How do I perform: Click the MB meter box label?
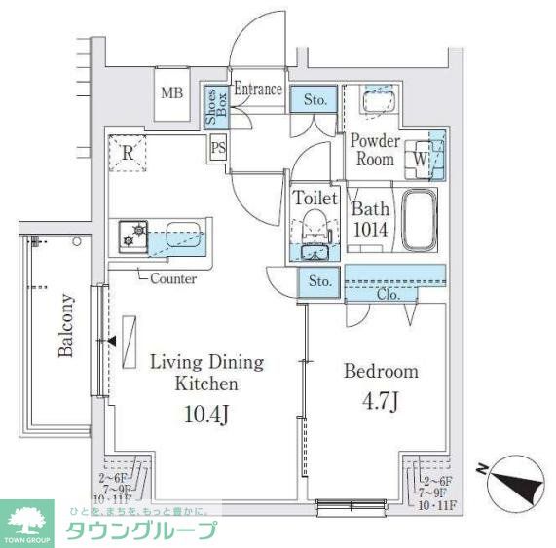pyautogui.click(x=172, y=93)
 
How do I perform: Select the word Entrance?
pyautogui.click(x=258, y=90)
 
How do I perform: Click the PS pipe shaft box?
pyautogui.click(x=219, y=147)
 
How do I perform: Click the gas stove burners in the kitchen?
pyautogui.click(x=133, y=236)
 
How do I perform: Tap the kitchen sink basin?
pyautogui.click(x=183, y=235)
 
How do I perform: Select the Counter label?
pyautogui.click(x=172, y=278)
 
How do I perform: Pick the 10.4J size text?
pyautogui.click(x=205, y=416)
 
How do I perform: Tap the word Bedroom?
pyautogui.click(x=381, y=371)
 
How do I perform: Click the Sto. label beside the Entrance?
pyautogui.click(x=315, y=98)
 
